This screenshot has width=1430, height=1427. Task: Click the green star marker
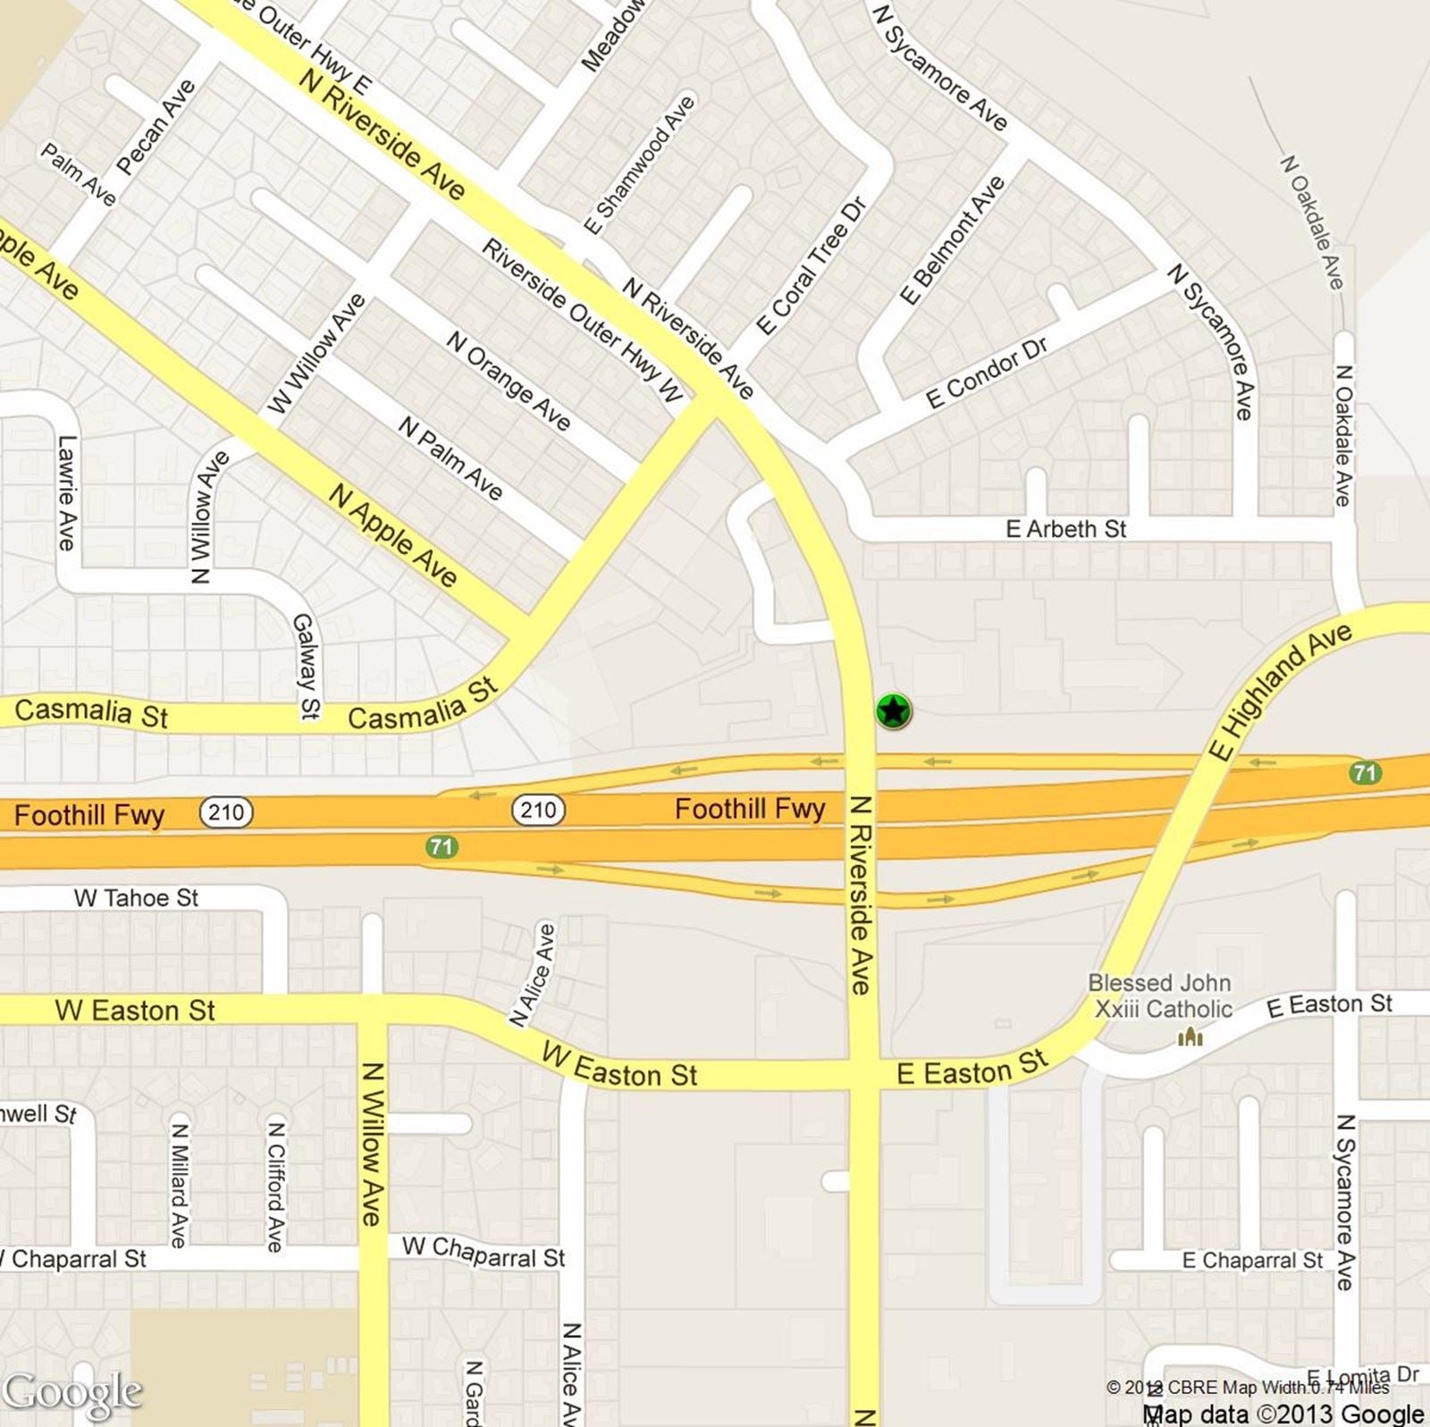[893, 711]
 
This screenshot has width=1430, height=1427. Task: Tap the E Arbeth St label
[1065, 529]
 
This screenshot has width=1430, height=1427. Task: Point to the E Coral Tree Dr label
[811, 266]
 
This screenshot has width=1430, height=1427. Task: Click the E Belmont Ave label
[952, 240]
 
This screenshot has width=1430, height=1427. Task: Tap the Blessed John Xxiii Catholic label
[1160, 995]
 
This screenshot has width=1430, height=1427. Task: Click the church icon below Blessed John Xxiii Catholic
[1190, 1037]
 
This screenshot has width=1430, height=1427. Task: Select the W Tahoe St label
[136, 897]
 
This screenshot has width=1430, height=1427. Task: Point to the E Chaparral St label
[1252, 1260]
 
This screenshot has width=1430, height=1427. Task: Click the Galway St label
[307, 666]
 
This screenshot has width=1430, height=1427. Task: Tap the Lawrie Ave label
[67, 492]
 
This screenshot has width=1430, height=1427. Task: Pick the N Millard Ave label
[179, 1185]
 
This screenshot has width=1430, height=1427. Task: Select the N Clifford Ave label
[276, 1186]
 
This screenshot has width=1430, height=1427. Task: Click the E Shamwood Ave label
[639, 164]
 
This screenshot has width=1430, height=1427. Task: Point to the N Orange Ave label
[508, 381]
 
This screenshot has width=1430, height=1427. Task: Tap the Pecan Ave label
[156, 127]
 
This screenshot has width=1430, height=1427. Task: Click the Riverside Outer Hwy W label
[583, 320]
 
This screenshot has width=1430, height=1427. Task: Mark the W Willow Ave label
[317, 353]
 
